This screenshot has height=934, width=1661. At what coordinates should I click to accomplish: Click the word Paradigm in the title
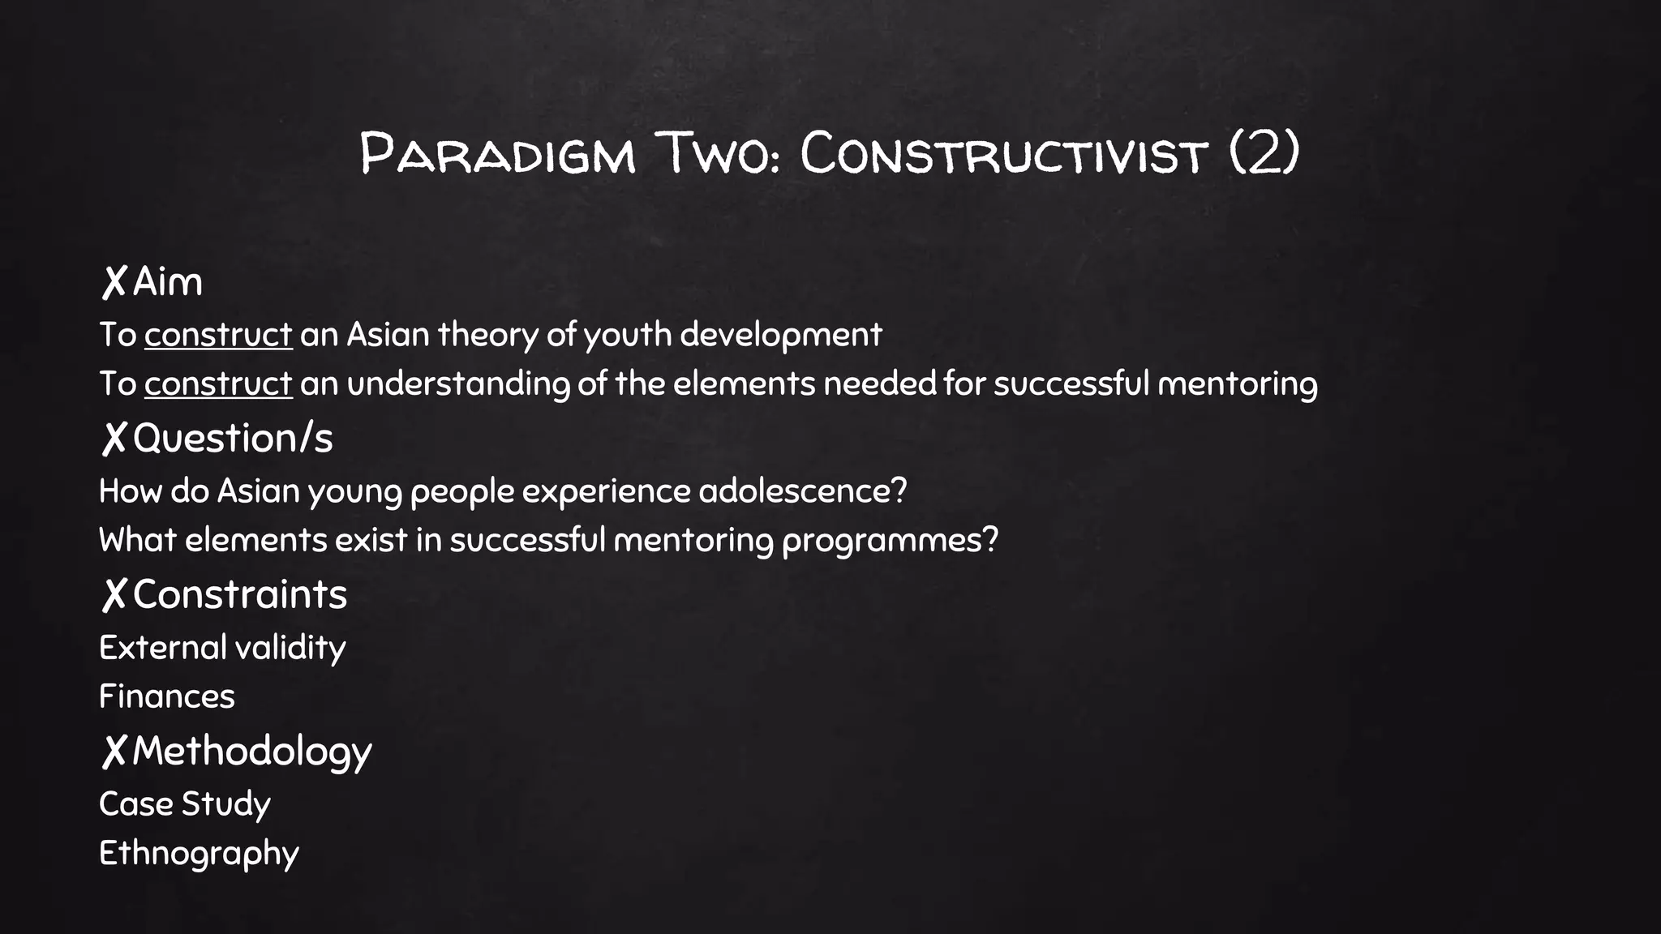(x=497, y=153)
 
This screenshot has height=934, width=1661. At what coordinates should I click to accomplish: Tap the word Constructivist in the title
(x=1003, y=153)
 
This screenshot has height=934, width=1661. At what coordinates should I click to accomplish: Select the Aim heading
(x=167, y=282)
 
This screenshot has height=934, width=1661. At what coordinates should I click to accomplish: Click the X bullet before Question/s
(x=114, y=439)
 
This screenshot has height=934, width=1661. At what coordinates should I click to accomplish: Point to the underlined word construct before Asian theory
(x=218, y=334)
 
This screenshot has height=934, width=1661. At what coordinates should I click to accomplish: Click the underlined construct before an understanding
(x=218, y=383)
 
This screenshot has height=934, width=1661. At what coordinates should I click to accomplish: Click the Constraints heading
(x=239, y=594)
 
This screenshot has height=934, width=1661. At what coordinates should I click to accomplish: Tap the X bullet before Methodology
(x=114, y=751)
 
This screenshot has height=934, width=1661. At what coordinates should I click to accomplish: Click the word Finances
(x=166, y=696)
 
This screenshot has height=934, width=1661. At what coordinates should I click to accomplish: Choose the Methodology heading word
(x=251, y=751)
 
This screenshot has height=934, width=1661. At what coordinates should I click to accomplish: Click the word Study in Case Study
(x=225, y=804)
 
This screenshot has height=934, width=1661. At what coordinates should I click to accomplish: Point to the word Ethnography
(x=199, y=854)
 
